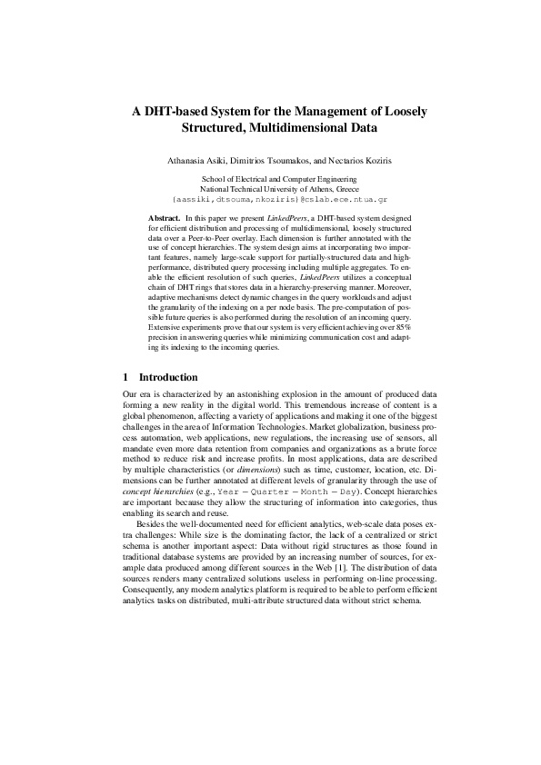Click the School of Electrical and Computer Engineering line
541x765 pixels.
pos(270,180)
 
